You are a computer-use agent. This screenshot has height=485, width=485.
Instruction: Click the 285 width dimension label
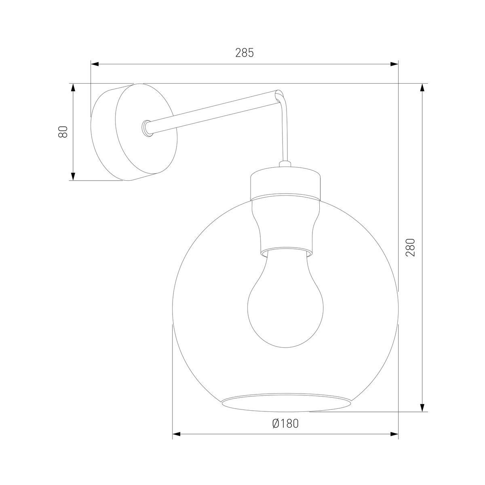click(x=245, y=53)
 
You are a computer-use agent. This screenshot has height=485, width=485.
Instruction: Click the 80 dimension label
click(x=63, y=132)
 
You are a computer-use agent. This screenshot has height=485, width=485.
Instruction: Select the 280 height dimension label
click(x=411, y=247)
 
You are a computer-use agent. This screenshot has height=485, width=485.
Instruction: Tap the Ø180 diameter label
click(x=285, y=423)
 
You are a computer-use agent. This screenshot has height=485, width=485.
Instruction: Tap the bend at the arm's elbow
click(x=280, y=96)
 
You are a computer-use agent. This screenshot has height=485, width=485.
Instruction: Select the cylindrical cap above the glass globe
click(x=285, y=184)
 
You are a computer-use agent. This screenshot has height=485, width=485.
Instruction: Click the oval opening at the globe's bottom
click(x=286, y=402)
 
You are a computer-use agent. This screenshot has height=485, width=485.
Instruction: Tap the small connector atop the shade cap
click(x=285, y=164)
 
